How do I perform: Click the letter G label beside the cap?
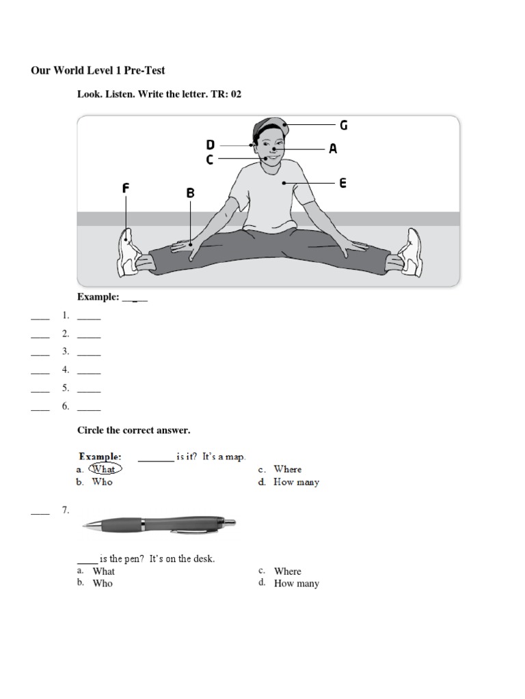(x=344, y=125)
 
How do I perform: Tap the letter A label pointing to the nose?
(x=333, y=148)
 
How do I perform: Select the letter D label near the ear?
(x=211, y=145)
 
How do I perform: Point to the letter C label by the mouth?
(x=210, y=160)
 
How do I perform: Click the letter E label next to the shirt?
(x=342, y=183)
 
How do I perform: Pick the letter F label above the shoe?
(x=126, y=188)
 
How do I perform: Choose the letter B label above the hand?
(x=191, y=193)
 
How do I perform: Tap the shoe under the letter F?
(x=130, y=253)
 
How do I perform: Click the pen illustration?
(x=159, y=524)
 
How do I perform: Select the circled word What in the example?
(x=104, y=469)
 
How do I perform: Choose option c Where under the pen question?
(x=287, y=571)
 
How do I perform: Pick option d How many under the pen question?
(x=296, y=584)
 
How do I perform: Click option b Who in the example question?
(x=103, y=482)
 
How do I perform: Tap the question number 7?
(x=66, y=510)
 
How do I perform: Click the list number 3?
(x=66, y=352)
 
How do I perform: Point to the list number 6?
(x=66, y=405)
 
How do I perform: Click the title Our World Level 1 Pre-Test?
(x=98, y=70)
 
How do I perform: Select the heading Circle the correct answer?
(x=133, y=430)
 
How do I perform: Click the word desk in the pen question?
(x=204, y=558)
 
